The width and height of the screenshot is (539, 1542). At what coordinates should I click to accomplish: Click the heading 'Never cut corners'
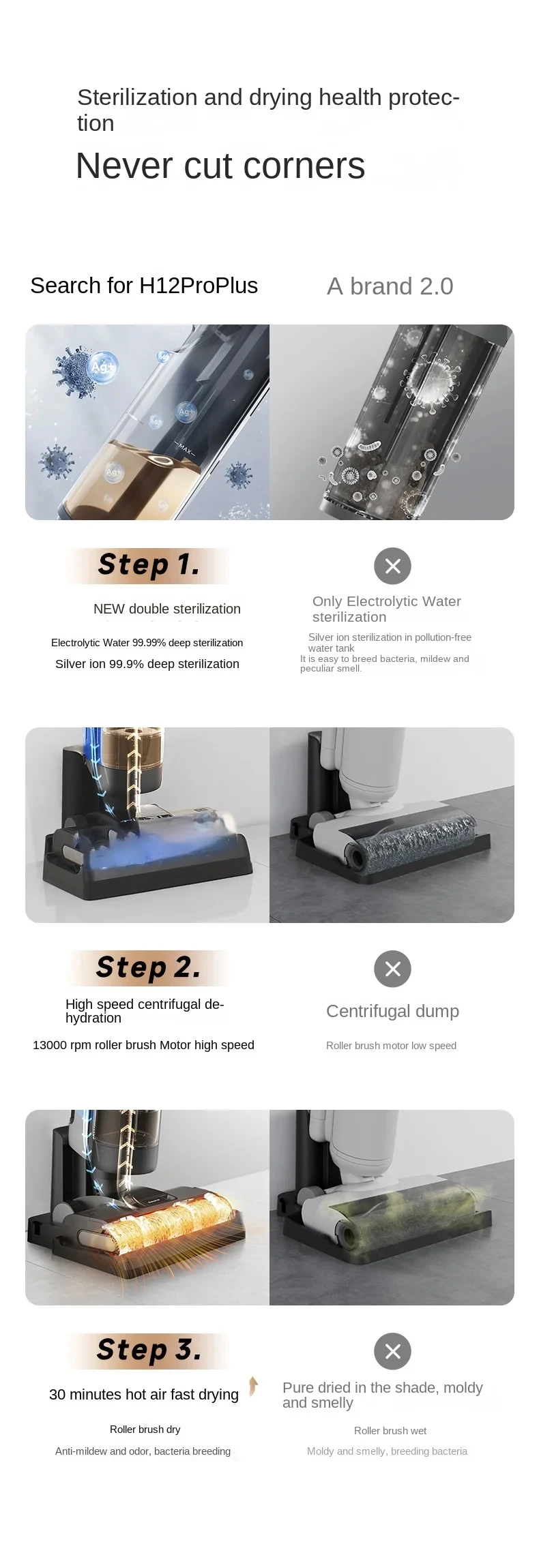pos(220,166)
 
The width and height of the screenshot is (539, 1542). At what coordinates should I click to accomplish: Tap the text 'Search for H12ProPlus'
pos(144,286)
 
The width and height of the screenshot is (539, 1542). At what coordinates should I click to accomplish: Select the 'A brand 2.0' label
pos(390,286)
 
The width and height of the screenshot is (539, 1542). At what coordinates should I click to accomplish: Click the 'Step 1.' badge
pos(149,565)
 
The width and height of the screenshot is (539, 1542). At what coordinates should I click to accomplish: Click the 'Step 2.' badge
pos(149,968)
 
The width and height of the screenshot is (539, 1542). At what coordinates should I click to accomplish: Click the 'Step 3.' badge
pos(149,1350)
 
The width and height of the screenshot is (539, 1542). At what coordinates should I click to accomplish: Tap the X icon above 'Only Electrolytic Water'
pos(392,566)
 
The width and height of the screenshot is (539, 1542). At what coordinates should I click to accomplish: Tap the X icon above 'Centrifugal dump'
pos(392,969)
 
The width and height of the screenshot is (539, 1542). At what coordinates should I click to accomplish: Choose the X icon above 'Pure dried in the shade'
pos(392,1351)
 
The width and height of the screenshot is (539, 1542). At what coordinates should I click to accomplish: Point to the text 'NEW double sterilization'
pos(167,609)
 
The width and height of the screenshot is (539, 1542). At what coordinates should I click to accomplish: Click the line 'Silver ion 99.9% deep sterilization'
pos(147,664)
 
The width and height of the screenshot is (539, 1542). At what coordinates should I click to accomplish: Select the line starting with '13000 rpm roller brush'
pos(143,1045)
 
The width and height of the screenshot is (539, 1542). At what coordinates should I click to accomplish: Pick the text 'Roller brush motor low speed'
pos(391,1046)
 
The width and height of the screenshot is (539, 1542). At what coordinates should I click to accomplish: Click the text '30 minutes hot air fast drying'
pos(144,1395)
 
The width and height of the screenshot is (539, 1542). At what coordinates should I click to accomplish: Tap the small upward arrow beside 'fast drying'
pos(253,1386)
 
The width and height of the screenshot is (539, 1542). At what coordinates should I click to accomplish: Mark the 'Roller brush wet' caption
pos(390,1431)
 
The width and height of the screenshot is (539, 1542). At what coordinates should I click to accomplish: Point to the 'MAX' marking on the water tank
pos(185,449)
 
